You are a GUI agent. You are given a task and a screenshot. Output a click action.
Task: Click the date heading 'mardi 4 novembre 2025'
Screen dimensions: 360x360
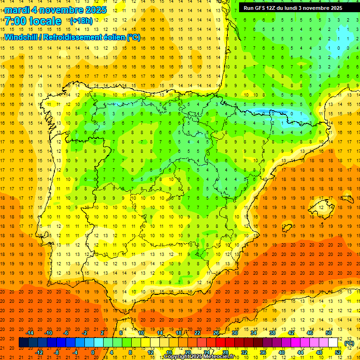pyautogui.click(x=56, y=9)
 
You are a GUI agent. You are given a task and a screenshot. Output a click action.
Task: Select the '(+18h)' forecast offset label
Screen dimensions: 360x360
pyautogui.click(x=81, y=21)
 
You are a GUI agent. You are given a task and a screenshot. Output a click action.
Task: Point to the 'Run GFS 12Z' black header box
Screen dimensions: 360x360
pyautogui.click(x=293, y=7)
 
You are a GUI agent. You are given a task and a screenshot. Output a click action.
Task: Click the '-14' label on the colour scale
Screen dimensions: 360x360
pyautogui.click(x=30, y=333)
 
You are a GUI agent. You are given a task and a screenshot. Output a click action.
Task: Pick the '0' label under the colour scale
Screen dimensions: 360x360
pyautogui.click(x=93, y=352)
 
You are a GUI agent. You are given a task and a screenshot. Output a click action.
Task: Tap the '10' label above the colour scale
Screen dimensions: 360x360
pyautogui.click(x=141, y=333)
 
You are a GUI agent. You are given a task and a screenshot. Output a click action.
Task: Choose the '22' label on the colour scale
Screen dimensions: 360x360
pyautogui.click(x=197, y=333)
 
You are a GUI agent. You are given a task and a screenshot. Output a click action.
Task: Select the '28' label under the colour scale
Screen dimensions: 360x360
pyautogui.click(x=225, y=352)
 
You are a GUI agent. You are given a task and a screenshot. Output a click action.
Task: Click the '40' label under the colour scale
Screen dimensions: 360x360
pyautogui.click(x=281, y=352)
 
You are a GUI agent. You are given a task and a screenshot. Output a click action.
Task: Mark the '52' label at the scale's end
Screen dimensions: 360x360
pyautogui.click(x=338, y=352)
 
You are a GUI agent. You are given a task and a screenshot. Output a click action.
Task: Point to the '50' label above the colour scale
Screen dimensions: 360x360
pyautogui.click(x=329, y=333)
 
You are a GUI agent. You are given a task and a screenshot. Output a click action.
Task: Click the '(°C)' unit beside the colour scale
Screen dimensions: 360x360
pyautogui.click(x=349, y=343)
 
